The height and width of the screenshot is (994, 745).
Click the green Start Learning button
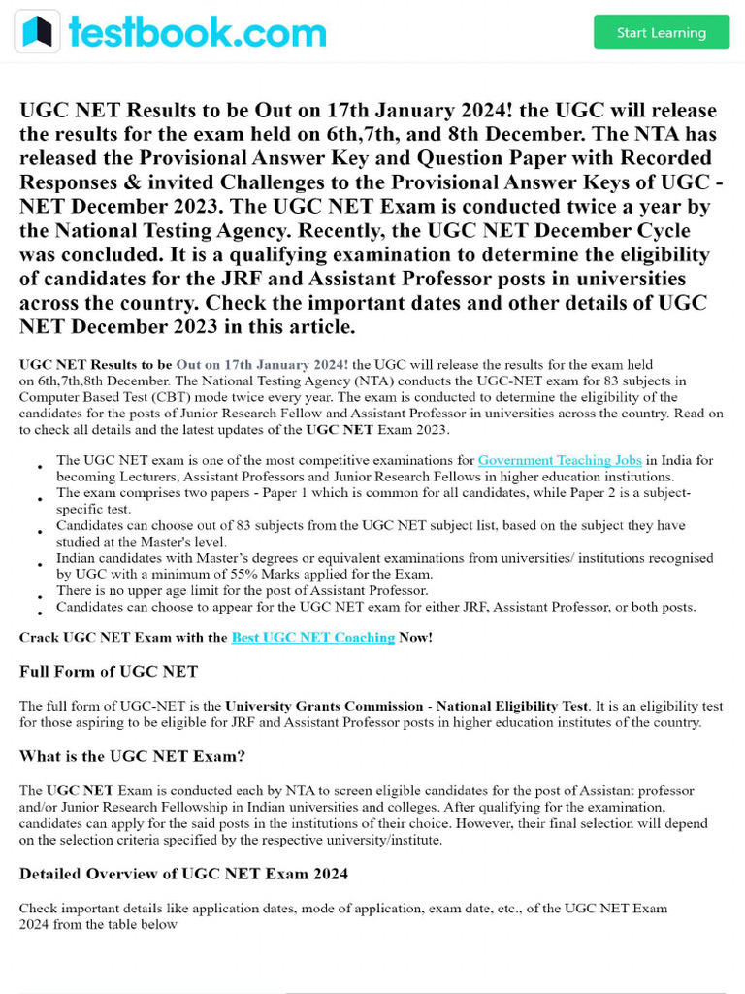click(661, 32)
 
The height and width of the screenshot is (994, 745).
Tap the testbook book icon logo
click(37, 31)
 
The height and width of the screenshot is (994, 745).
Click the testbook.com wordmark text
click(197, 32)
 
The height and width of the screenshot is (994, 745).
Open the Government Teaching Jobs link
click(560, 460)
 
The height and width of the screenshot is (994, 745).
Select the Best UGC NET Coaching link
click(312, 638)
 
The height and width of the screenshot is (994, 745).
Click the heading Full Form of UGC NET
click(109, 672)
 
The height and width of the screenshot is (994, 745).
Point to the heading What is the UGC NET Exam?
click(132, 756)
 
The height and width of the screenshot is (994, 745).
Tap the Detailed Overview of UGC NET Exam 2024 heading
click(183, 874)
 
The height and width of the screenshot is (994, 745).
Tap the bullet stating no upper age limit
click(242, 590)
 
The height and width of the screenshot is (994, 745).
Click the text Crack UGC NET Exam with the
click(123, 638)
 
